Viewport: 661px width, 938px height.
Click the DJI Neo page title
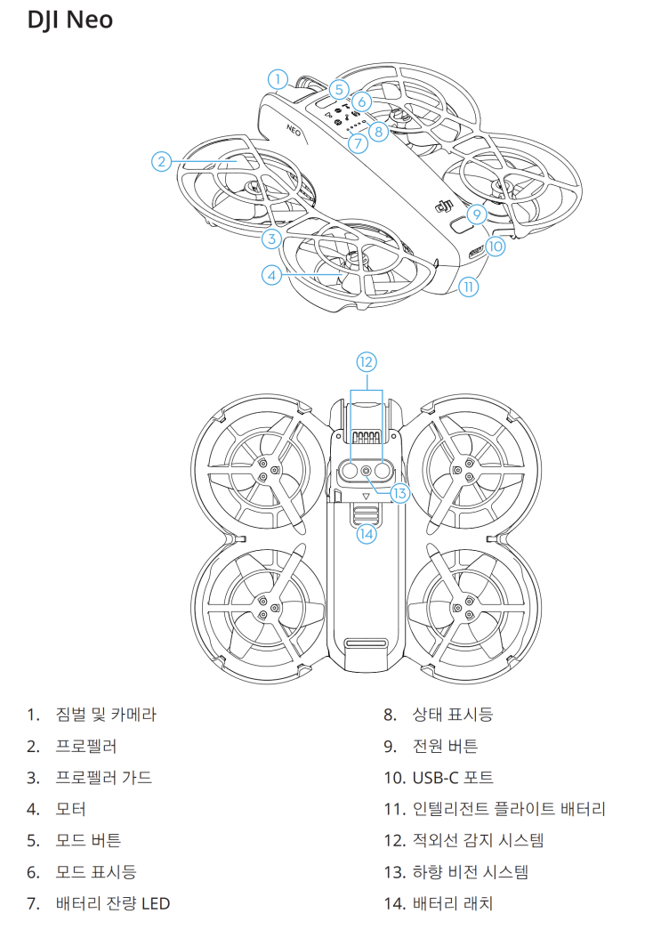point(70,19)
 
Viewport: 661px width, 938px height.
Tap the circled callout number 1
point(278,79)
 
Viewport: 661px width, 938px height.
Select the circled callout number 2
point(161,161)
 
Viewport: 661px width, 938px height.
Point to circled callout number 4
point(272,275)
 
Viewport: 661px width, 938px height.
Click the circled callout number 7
point(357,142)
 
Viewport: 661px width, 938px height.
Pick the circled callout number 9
point(476,214)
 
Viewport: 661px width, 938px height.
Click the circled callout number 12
point(367,361)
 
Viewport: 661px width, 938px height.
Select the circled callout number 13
point(399,492)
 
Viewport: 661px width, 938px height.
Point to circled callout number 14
point(367,533)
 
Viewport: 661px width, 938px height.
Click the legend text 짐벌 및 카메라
point(106,714)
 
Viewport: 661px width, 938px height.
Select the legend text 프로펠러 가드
point(103,777)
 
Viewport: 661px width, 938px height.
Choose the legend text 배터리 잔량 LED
point(112,903)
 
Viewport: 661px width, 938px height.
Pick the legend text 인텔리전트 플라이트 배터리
point(509,809)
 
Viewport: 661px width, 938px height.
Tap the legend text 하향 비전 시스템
point(472,872)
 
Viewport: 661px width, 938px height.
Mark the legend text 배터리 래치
point(453,903)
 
